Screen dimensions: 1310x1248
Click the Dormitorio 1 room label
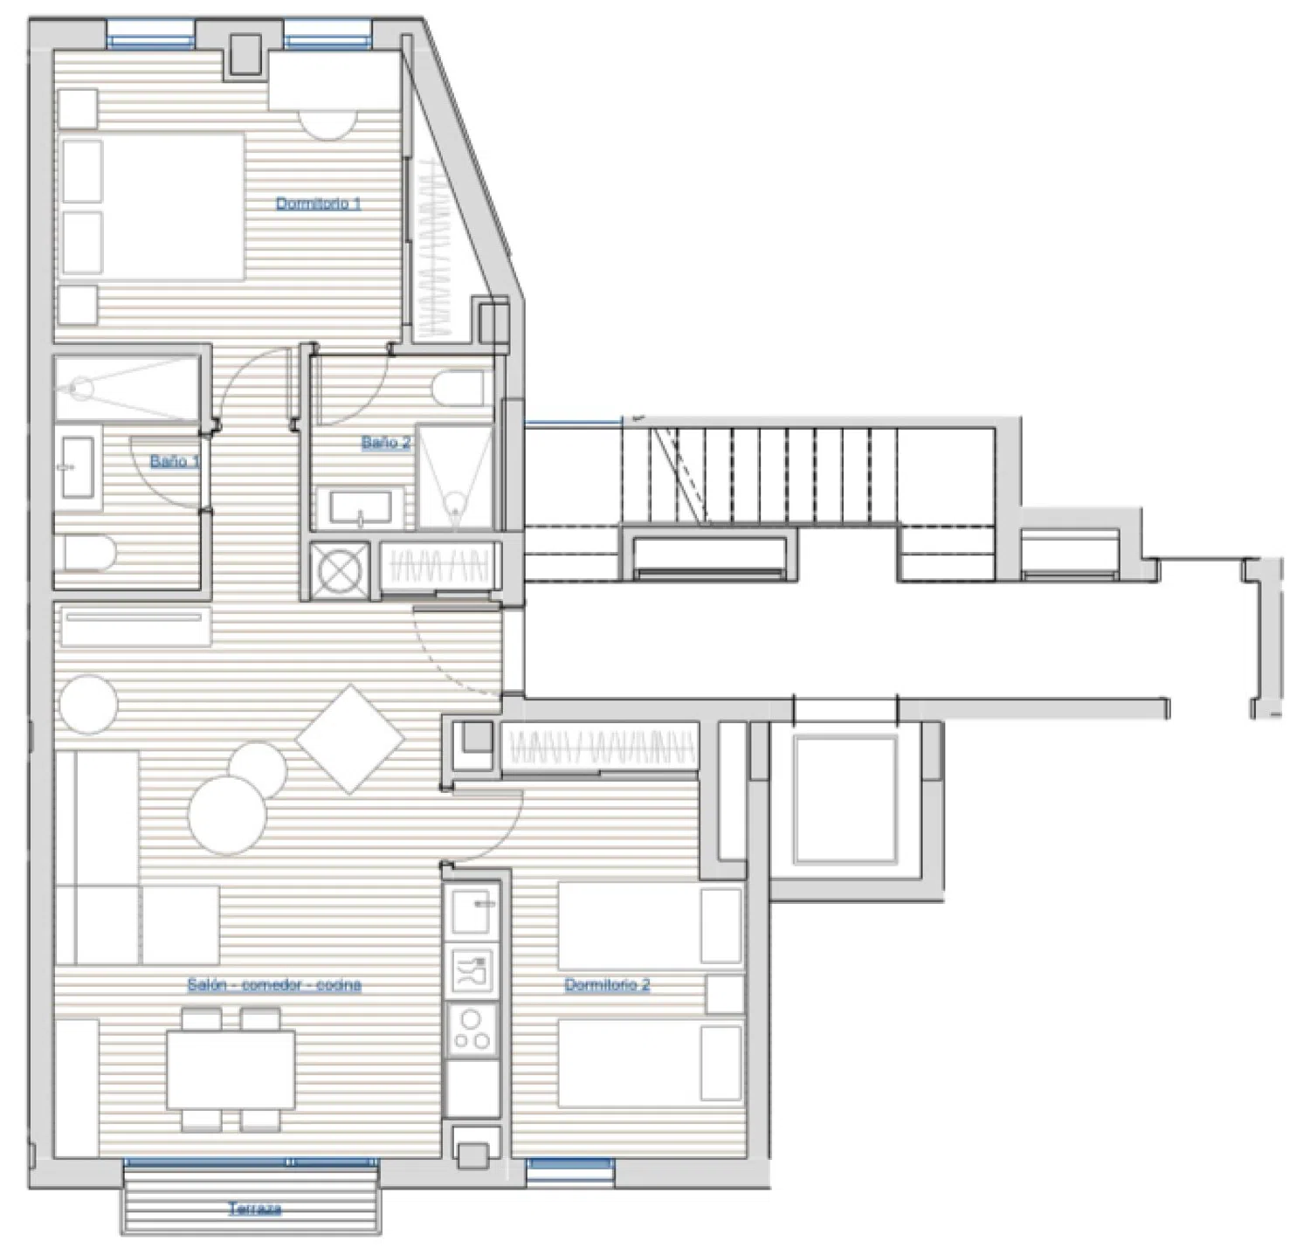click(319, 203)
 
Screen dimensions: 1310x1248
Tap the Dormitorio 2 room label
click(607, 984)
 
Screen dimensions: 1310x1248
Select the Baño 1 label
click(175, 460)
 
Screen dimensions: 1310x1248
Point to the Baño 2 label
click(387, 442)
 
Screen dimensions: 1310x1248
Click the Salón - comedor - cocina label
click(274, 984)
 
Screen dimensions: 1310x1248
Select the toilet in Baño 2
click(459, 388)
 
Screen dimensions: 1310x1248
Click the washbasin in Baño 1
click(79, 467)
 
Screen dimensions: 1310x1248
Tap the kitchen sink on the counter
click(473, 907)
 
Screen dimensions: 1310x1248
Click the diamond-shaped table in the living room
click(350, 739)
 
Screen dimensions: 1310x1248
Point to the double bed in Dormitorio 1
click(151, 205)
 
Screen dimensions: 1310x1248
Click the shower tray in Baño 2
click(454, 476)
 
